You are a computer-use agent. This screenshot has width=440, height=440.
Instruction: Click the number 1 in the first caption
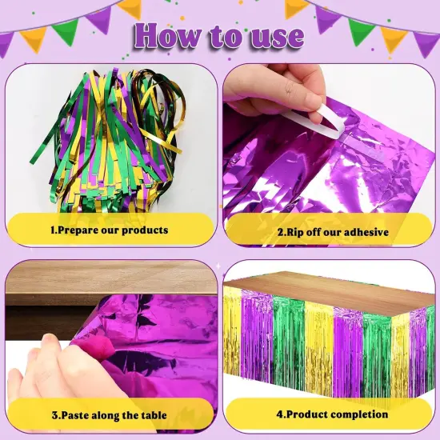pos(53,230)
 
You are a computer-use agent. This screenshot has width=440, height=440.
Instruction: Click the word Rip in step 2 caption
pos(296,232)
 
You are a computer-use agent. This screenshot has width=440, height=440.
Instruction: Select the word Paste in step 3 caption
pos(74,415)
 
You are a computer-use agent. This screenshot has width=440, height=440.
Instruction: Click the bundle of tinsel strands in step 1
pos(112,136)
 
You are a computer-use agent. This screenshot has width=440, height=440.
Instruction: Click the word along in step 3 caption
pos(108,415)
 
